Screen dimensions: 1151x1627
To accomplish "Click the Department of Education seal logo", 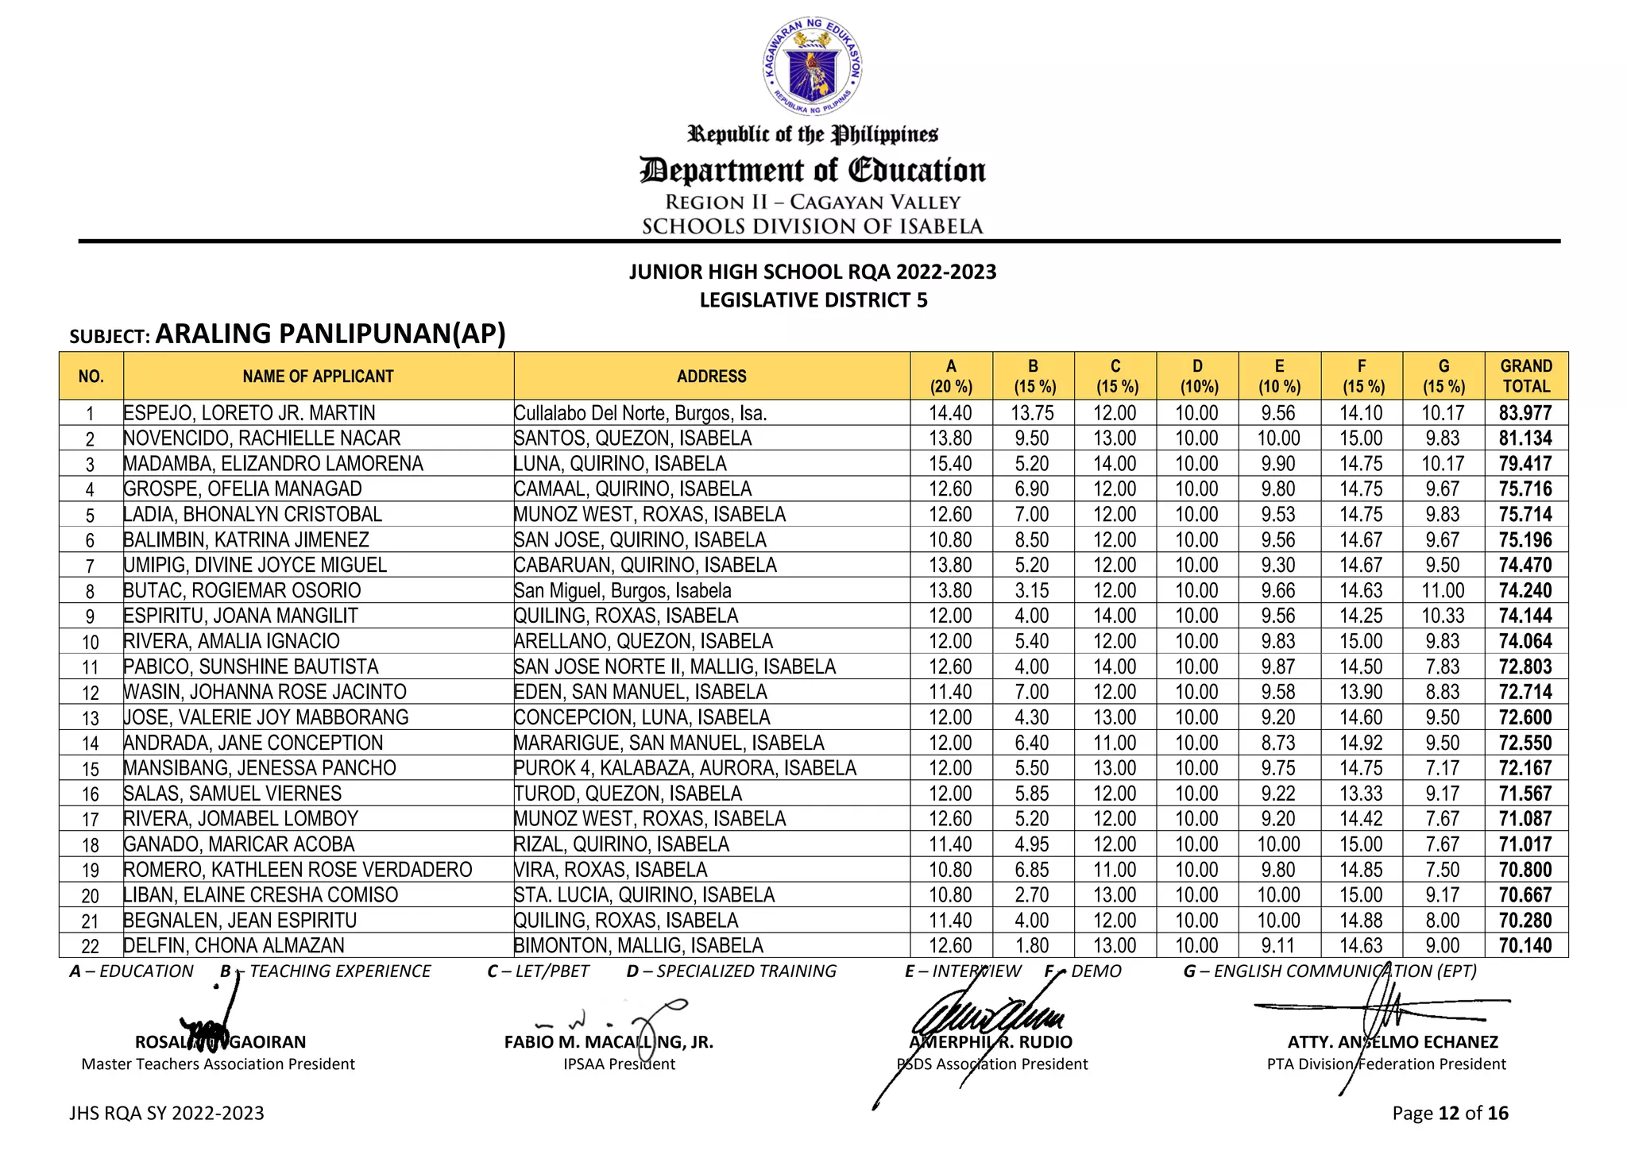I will [x=812, y=67].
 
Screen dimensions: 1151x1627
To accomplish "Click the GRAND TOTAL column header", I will [x=1525, y=377].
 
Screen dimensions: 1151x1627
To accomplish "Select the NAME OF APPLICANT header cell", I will [x=318, y=377].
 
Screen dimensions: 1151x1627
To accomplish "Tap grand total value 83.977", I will [x=1525, y=413].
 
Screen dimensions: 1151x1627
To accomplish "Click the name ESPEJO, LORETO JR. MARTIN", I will [x=249, y=413].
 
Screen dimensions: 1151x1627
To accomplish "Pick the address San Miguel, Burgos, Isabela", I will [x=622, y=591].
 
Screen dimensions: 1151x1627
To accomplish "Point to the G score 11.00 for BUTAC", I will [x=1443, y=591].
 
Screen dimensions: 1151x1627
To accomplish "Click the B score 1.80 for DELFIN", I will [x=1032, y=946].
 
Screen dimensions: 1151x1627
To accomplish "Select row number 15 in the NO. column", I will [x=91, y=769].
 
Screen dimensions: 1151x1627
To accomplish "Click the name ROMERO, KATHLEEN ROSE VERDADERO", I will [x=298, y=870].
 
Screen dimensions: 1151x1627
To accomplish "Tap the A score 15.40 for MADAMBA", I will [x=950, y=464].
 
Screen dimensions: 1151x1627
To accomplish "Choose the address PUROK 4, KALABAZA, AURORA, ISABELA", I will [x=685, y=768].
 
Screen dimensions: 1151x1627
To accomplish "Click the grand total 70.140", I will [x=1525, y=946].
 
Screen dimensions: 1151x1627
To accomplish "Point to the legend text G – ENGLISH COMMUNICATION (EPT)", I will [x=1330, y=971].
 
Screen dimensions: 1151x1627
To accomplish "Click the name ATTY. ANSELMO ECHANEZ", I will [x=1393, y=1042].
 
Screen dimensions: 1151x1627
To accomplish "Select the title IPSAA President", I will [x=619, y=1064].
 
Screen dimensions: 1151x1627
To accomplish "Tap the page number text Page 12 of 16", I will [x=1450, y=1114].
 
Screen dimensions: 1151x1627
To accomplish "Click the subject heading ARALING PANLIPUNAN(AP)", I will [x=330, y=334].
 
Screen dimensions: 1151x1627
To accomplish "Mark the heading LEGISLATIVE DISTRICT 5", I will [x=813, y=300].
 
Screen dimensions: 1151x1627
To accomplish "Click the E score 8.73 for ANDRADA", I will [x=1278, y=744].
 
